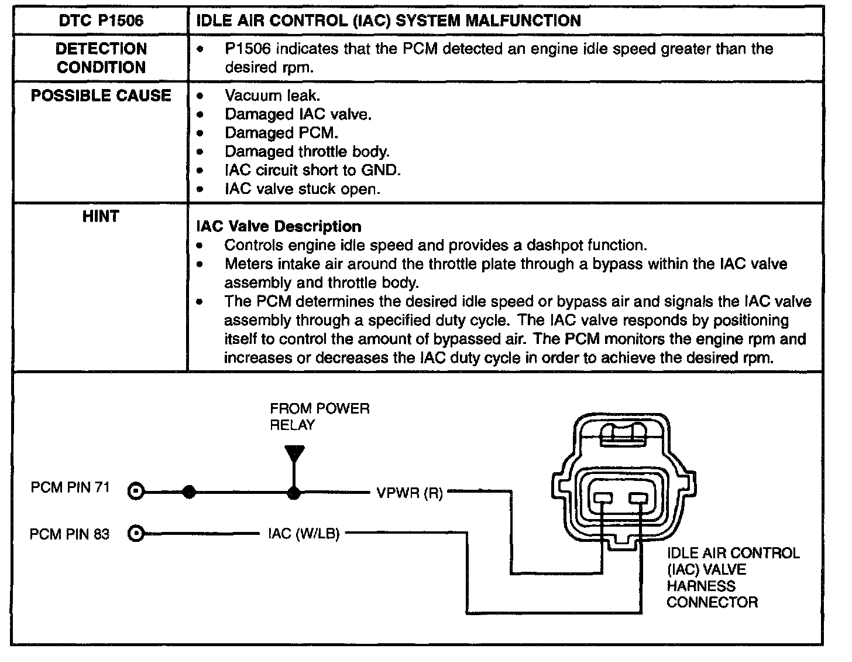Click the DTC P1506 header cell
[101, 22]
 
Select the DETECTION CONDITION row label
[101, 58]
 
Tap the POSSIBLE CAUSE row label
[101, 95]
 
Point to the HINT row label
[101, 217]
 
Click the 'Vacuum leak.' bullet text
[272, 95]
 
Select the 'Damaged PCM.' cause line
[281, 133]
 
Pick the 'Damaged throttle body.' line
[307, 152]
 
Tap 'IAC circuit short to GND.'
[312, 170]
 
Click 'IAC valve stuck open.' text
[302, 189]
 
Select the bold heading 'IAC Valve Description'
[279, 226]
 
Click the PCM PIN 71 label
[70, 487]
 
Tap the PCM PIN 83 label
[70, 534]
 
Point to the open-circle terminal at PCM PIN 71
[136, 492]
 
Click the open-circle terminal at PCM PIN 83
[136, 534]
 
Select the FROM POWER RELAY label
[319, 417]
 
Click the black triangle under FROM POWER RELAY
[294, 454]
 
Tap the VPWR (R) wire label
[410, 493]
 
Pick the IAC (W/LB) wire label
[304, 534]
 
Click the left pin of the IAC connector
[603, 499]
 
